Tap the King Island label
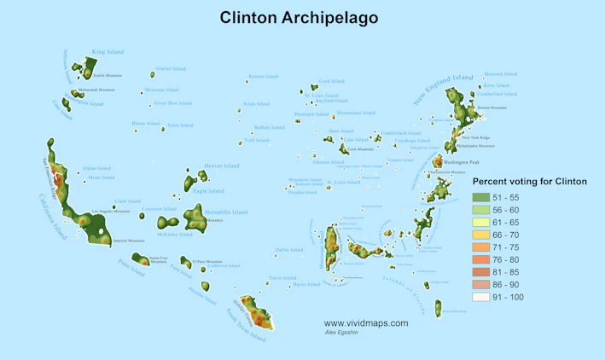[108, 52]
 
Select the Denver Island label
[222, 165]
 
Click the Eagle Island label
[209, 191]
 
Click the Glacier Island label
[170, 68]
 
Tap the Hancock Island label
[500, 74]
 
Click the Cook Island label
[331, 82]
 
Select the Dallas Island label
[289, 250]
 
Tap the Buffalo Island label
[269, 127]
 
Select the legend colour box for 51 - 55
[482, 197]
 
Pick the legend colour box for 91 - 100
[482, 297]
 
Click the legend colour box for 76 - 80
[482, 259]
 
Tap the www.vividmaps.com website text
[365, 323]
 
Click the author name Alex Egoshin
[342, 332]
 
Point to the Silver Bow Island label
[172, 103]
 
